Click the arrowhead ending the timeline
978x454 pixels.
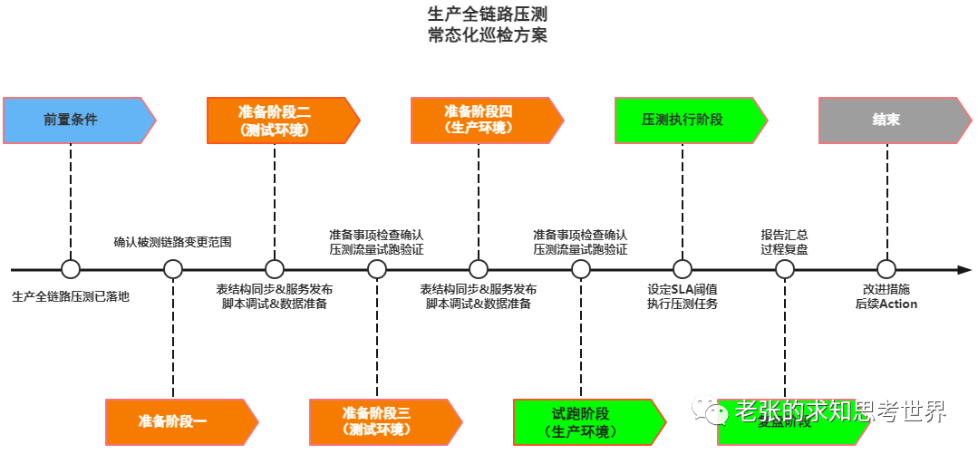tap(964, 269)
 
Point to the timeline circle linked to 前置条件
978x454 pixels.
tap(71, 269)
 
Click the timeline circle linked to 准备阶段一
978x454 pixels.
tap(173, 269)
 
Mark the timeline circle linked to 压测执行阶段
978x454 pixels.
tap(683, 269)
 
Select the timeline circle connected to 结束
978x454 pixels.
tap(886, 269)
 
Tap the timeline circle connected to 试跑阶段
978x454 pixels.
tap(581, 269)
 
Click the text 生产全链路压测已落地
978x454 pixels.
tap(71, 296)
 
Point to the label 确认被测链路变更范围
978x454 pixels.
tap(172, 242)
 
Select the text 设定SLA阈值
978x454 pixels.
tap(683, 289)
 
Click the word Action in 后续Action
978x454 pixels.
tap(898, 304)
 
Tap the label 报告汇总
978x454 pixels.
tap(784, 235)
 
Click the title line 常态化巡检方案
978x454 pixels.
tap(488, 36)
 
